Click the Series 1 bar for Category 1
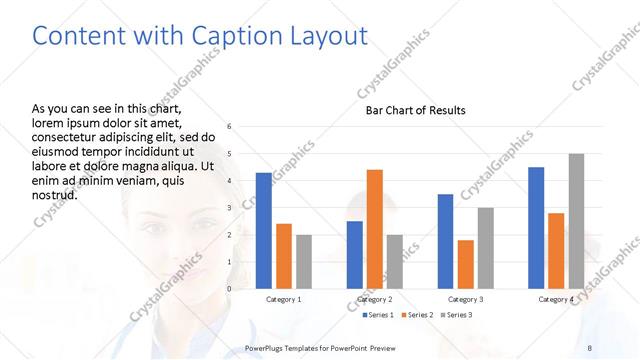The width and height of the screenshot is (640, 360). [x=264, y=231]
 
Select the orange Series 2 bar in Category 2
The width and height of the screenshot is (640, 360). [x=375, y=229]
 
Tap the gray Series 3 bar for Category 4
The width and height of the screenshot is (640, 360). [x=576, y=221]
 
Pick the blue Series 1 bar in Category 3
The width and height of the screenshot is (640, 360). [x=445, y=241]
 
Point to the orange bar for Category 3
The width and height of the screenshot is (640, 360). [x=465, y=264]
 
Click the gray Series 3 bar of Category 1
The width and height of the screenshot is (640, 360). [x=303, y=262]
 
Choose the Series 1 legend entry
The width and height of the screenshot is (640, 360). [x=375, y=315]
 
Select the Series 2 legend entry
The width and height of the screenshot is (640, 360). [x=417, y=315]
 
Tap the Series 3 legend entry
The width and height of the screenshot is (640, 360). [x=458, y=315]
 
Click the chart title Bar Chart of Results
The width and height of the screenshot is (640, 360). [x=415, y=110]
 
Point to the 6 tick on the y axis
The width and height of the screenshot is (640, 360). [x=230, y=127]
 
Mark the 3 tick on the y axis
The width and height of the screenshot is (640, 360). [x=230, y=208]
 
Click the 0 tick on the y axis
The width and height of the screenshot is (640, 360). [x=230, y=289]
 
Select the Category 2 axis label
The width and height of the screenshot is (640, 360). [x=374, y=299]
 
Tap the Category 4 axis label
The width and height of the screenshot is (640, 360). [x=556, y=299]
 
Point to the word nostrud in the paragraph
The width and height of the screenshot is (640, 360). [x=56, y=194]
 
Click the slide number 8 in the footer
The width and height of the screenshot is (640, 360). [x=589, y=347]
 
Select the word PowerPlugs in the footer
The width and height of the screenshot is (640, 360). [x=267, y=347]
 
